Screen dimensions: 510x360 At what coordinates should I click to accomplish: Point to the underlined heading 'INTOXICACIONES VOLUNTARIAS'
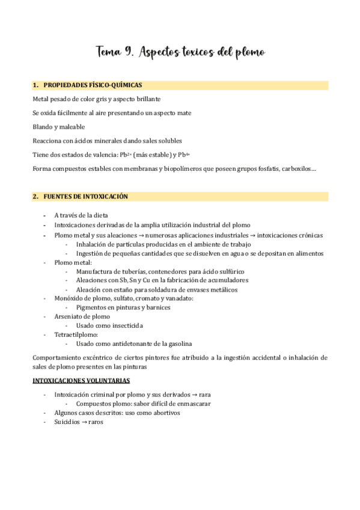[81, 381]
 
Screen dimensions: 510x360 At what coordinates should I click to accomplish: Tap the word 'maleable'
[72, 127]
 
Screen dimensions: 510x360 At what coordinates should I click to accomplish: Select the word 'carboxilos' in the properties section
[296, 169]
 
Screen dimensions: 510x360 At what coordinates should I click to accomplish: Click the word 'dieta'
[100, 215]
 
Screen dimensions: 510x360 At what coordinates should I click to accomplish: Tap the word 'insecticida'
[122, 325]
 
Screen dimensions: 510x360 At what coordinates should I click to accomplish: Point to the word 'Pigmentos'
[91, 307]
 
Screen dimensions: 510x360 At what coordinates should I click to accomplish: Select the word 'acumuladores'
[226, 280]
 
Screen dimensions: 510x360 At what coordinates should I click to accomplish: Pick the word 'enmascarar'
[193, 404]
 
